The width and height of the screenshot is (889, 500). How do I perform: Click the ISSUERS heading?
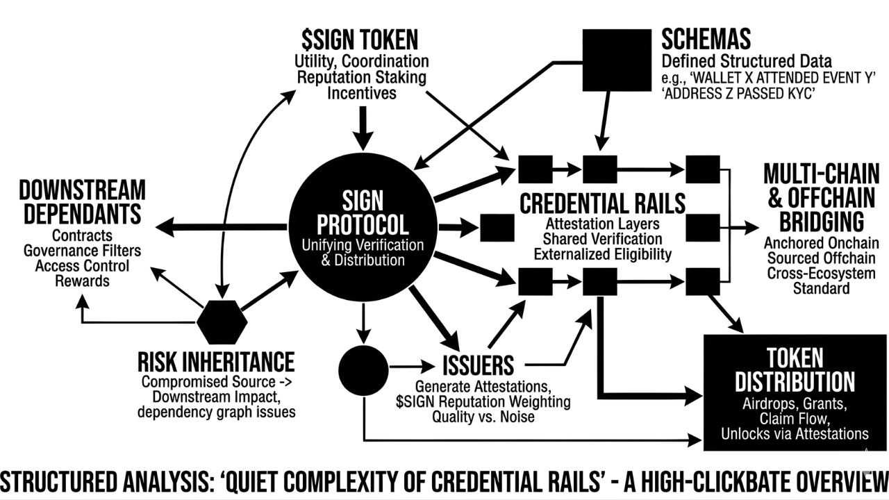[x=478, y=365]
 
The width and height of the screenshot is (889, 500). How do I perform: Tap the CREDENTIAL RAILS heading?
[x=602, y=203]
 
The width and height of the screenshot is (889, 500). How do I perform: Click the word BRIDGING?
[x=821, y=222]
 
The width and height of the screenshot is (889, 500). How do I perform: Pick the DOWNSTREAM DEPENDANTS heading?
[x=82, y=202]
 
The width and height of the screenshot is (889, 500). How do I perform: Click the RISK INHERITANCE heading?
[x=215, y=362]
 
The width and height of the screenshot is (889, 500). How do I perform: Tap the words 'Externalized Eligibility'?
[x=602, y=254]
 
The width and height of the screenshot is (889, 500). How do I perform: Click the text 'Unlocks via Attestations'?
[x=795, y=434]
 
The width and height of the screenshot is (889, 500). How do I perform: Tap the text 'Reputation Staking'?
[x=361, y=77]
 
